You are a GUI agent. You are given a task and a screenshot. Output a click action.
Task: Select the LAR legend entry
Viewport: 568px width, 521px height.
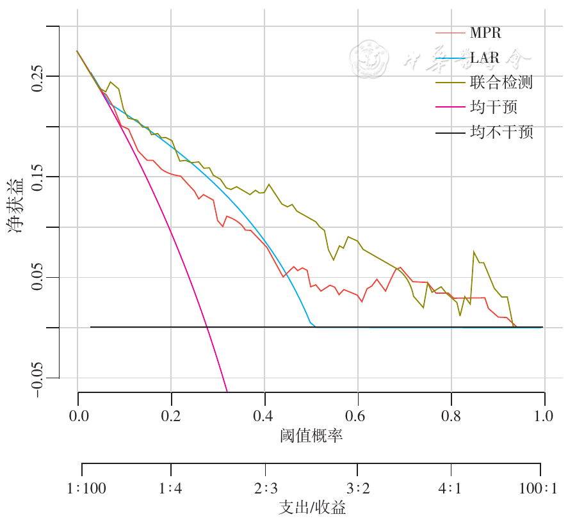(x=485, y=58)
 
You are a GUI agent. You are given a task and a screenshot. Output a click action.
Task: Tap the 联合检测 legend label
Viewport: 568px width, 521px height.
(x=501, y=83)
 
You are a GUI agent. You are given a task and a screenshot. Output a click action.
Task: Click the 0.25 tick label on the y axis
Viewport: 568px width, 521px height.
(x=38, y=77)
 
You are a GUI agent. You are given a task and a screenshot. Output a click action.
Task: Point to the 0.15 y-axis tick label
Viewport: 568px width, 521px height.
(x=38, y=177)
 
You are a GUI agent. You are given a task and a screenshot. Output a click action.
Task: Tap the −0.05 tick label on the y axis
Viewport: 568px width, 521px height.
(x=38, y=378)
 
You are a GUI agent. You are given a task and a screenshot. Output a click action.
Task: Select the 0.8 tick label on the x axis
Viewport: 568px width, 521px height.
(x=451, y=415)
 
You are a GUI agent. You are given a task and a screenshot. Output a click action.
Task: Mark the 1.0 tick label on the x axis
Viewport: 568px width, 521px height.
(x=544, y=415)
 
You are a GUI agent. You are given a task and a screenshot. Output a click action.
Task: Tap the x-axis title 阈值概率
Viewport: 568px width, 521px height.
(x=311, y=437)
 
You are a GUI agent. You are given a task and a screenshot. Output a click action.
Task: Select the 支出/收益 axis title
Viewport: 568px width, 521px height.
(x=312, y=508)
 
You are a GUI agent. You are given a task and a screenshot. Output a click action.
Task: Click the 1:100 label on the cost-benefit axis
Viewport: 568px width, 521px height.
(x=86, y=489)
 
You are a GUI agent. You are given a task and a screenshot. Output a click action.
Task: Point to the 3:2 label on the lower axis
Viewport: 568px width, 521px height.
(x=358, y=489)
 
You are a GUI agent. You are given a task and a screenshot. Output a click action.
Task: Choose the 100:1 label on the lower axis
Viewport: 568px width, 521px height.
(x=538, y=489)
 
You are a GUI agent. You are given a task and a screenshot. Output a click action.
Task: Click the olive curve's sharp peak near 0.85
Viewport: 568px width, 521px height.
(x=475, y=252)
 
